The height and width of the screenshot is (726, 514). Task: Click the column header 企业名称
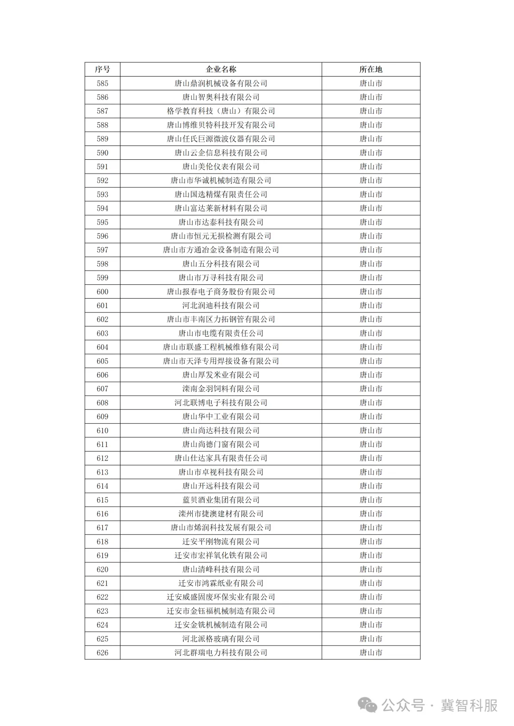(x=221, y=69)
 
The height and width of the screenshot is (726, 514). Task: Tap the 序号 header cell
(x=102, y=69)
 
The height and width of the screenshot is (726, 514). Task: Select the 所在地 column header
(x=371, y=69)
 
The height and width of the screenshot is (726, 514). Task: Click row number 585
(x=102, y=83)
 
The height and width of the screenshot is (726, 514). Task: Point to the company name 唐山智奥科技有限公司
(x=221, y=97)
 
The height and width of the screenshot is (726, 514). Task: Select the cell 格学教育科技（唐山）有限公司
(x=221, y=111)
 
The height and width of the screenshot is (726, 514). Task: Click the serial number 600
(x=102, y=291)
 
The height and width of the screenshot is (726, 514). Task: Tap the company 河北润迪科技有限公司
(x=221, y=305)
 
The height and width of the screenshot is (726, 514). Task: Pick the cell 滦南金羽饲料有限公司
(x=221, y=388)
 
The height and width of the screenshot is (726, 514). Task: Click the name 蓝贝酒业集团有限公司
(x=221, y=500)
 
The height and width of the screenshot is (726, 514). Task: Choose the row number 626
(x=102, y=652)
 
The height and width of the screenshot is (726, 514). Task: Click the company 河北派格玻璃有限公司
(x=221, y=639)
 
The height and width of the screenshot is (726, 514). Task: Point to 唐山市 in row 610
(x=371, y=430)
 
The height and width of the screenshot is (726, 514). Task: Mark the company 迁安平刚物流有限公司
(x=221, y=542)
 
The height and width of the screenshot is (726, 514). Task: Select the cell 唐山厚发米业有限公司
(x=221, y=375)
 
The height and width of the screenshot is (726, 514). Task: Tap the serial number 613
(x=102, y=472)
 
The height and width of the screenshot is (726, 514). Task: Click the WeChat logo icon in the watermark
(x=367, y=705)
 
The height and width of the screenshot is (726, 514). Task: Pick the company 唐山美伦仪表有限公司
(x=221, y=166)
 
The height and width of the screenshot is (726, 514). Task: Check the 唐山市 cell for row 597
(x=371, y=250)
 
